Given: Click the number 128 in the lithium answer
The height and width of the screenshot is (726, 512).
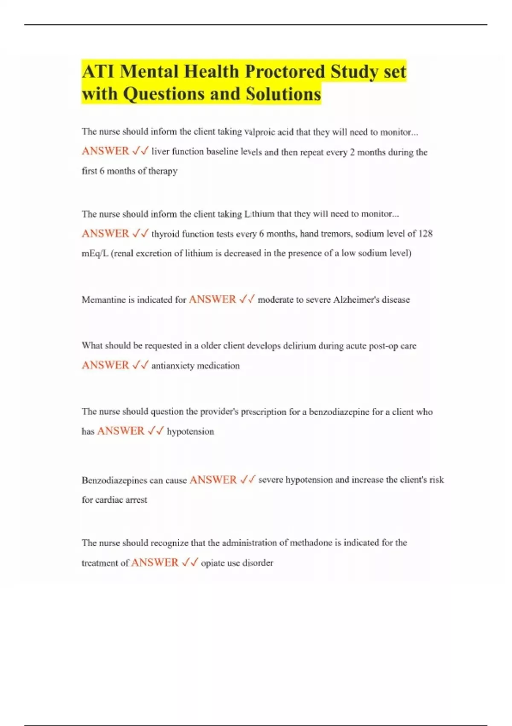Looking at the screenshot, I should coord(425,234).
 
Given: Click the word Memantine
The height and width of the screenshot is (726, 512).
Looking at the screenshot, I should coord(107,300).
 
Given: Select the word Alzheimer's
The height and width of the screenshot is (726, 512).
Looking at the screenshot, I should coord(356,300).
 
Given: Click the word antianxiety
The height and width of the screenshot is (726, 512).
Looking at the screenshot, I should coord(173,366).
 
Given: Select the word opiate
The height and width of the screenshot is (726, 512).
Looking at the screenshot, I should coord(213,563).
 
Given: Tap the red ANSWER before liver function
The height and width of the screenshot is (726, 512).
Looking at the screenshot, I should coord(105,151).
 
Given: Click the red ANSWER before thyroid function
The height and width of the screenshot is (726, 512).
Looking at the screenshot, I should coord(105,234).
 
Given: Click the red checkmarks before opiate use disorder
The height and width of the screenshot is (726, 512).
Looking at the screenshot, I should coord(190,562).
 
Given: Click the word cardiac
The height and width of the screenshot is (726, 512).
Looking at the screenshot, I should coord(109,500).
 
